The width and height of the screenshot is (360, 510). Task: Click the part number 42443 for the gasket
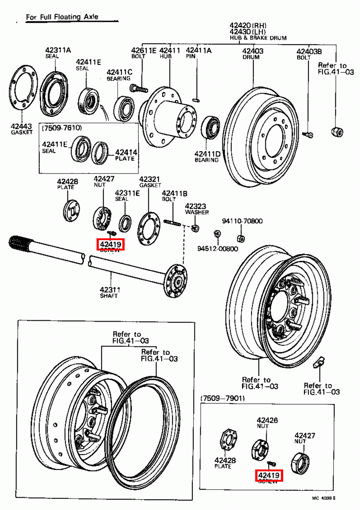tap(21, 127)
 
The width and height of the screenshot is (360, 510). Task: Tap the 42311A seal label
tap(58, 50)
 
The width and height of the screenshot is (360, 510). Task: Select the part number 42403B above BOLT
tap(309, 51)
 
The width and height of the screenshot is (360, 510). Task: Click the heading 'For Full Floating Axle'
tap(62, 17)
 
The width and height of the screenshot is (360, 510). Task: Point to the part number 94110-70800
tap(242, 221)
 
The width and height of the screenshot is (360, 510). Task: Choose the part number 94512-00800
tap(217, 249)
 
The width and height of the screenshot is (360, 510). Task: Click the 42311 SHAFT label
tap(110, 290)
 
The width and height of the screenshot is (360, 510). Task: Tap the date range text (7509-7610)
tap(62, 128)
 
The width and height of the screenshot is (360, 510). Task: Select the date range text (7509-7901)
tap(222, 398)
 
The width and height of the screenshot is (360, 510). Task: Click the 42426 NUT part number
tap(267, 420)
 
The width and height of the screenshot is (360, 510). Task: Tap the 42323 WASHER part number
tap(195, 207)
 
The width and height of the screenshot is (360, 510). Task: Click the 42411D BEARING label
tap(207, 154)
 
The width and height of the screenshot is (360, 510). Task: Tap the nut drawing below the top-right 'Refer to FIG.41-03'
tap(337, 132)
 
